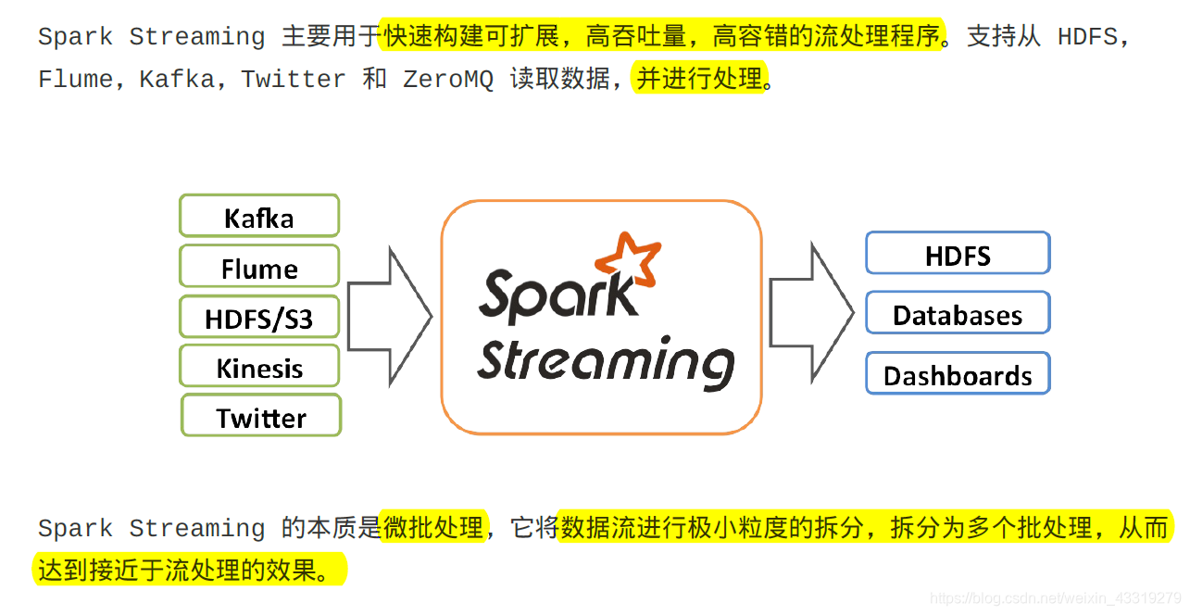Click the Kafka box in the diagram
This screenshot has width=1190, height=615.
[x=259, y=217]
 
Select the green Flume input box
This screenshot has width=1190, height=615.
[x=259, y=267]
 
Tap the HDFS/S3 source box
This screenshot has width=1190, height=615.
[x=259, y=318]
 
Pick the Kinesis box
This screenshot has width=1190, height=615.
[x=259, y=367]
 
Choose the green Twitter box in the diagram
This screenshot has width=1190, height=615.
[x=261, y=416]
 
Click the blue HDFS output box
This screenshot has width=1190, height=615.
[x=958, y=254]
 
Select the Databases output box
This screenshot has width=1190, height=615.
[x=958, y=314]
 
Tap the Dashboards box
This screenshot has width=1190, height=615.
[x=958, y=374]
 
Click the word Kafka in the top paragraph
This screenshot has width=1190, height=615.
[x=178, y=80]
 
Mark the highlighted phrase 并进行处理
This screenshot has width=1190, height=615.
[x=700, y=79]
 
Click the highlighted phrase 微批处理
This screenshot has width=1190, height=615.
[x=433, y=527]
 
